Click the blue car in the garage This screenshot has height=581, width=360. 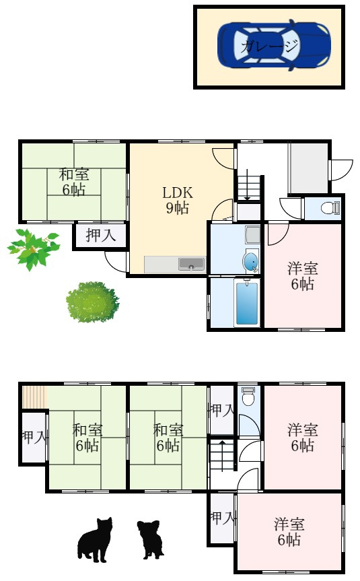tap(274, 46)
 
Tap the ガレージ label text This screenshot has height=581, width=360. tap(269, 46)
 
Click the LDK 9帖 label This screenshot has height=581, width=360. tap(178, 201)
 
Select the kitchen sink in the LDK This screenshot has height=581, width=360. tap(191, 265)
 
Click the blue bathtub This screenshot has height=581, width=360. tap(247, 303)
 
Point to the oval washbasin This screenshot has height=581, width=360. tap(251, 261)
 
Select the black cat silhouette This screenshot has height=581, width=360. tap(95, 539)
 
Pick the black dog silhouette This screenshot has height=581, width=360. tap(150, 539)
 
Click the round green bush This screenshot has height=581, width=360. tap(93, 302)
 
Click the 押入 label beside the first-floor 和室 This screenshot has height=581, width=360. tap(101, 236)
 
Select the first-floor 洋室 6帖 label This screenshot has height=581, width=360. tap(303, 277)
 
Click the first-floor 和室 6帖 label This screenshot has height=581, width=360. tap(74, 182)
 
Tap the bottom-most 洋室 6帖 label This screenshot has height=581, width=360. tap(289, 532)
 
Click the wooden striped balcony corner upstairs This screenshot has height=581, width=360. tap(34, 397)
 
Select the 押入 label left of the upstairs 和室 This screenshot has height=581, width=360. tap(34, 437)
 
